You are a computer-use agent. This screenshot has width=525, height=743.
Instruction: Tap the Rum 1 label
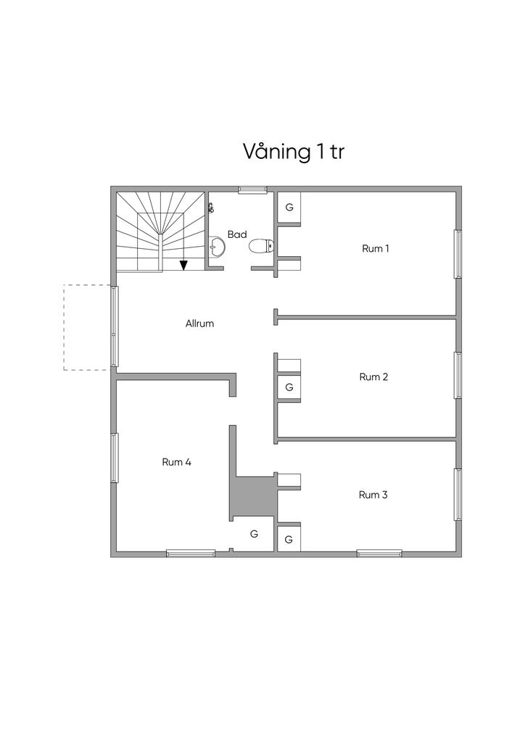[376, 249]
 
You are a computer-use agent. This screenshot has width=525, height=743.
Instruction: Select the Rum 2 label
[374, 377]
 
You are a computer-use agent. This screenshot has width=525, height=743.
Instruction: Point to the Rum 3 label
[373, 495]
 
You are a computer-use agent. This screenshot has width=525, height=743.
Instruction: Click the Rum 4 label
[176, 461]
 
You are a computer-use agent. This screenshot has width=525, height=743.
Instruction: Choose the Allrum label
[199, 324]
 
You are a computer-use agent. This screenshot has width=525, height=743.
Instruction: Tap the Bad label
[237, 234]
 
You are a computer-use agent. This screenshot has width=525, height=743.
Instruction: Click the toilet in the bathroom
[260, 247]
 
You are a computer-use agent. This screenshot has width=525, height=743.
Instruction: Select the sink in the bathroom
[216, 247]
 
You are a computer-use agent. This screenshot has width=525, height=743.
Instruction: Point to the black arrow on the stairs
[184, 265]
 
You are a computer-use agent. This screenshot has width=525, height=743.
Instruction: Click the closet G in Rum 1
[289, 207]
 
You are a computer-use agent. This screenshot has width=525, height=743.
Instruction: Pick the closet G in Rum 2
[289, 387]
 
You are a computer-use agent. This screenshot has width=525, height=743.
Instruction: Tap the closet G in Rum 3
[289, 539]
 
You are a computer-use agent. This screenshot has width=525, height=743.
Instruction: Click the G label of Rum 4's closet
[254, 534]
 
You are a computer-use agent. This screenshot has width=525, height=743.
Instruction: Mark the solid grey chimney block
[252, 496]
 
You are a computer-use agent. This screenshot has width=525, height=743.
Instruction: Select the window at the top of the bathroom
[253, 189]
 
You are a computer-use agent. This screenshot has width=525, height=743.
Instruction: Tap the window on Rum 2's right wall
[458, 374]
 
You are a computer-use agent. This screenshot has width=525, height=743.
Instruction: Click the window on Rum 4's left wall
[114, 457]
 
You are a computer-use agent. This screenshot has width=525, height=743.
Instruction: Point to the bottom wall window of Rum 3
[379, 554]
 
